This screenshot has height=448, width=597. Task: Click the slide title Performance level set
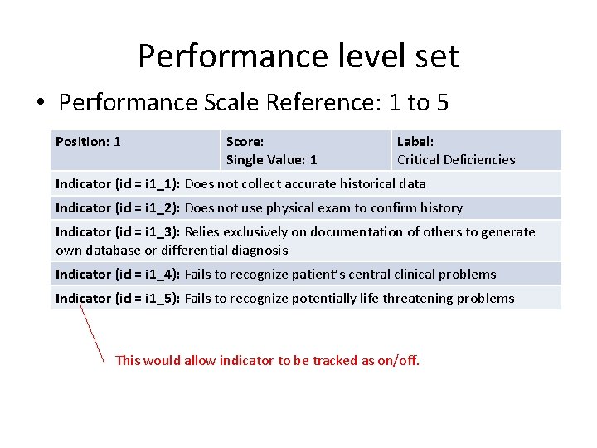(x=298, y=56)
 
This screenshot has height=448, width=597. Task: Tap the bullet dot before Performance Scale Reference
(x=39, y=103)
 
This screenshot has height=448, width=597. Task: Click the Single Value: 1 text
(x=271, y=160)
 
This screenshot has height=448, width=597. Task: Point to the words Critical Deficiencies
(x=455, y=160)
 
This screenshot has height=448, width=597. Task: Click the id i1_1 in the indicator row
(x=158, y=184)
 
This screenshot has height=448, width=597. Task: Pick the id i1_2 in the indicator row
(x=158, y=208)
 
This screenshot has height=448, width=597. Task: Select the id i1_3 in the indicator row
(x=158, y=232)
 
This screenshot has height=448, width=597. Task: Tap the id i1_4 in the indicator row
(x=158, y=275)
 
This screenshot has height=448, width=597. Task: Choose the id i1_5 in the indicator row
(x=158, y=299)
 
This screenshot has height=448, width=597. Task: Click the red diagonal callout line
(x=92, y=332)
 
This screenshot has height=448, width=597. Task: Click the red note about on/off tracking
(x=267, y=361)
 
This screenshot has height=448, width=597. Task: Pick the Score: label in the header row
(x=245, y=142)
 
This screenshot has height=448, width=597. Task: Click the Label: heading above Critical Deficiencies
(x=415, y=142)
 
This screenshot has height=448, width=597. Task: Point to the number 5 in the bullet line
(x=441, y=103)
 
